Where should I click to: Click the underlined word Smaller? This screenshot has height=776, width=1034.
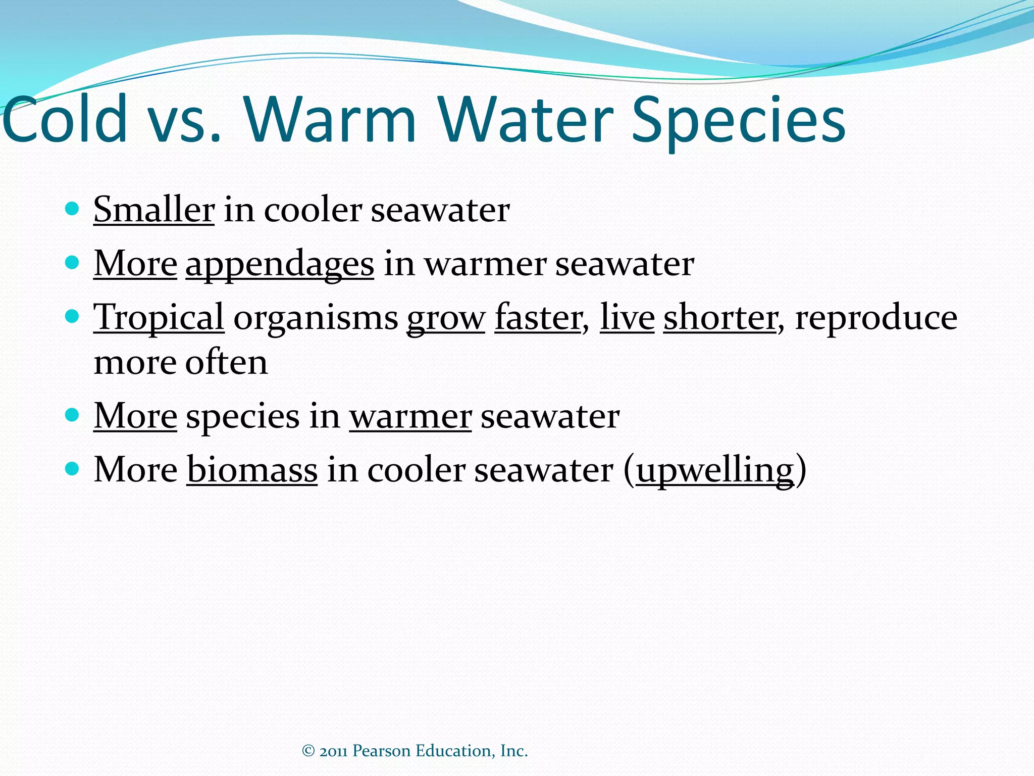[x=154, y=209]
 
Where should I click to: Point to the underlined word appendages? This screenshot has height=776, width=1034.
[x=280, y=264]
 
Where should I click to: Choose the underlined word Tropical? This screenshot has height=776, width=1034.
[x=159, y=318]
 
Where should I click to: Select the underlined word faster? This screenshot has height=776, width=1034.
[x=538, y=318]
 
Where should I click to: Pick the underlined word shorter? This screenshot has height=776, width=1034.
[x=720, y=318]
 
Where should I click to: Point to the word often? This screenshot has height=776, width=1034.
[x=226, y=362]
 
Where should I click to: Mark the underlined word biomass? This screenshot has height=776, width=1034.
[x=252, y=469]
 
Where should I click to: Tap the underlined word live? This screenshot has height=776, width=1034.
[x=627, y=318]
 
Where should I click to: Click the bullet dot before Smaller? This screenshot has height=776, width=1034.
[x=73, y=209]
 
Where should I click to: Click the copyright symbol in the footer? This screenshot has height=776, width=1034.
[x=308, y=751]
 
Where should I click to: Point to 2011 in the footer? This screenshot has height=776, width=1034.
[x=333, y=751]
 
